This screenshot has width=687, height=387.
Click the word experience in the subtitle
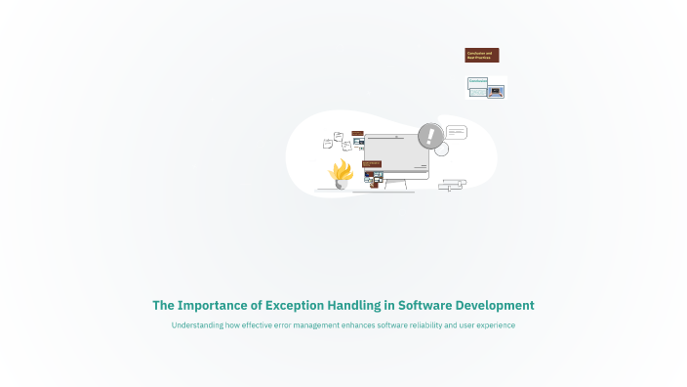pyautogui.click(x=493, y=325)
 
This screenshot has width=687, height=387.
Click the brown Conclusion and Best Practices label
pyautogui.click(x=482, y=56)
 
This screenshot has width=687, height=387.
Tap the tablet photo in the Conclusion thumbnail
pyautogui.click(x=496, y=91)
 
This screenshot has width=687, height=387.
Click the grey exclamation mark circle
pyautogui.click(x=429, y=136)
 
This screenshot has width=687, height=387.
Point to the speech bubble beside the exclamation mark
pyautogui.click(x=457, y=133)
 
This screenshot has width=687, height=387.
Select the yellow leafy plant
pyautogui.click(x=341, y=171)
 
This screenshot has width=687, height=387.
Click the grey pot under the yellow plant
pyautogui.click(x=341, y=184)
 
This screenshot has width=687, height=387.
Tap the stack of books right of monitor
pyautogui.click(x=452, y=184)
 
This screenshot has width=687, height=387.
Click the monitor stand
pyautogui.click(x=395, y=185)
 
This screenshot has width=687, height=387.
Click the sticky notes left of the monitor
pyautogui.click(x=338, y=142)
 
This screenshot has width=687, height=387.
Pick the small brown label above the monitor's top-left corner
pyautogui.click(x=357, y=133)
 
